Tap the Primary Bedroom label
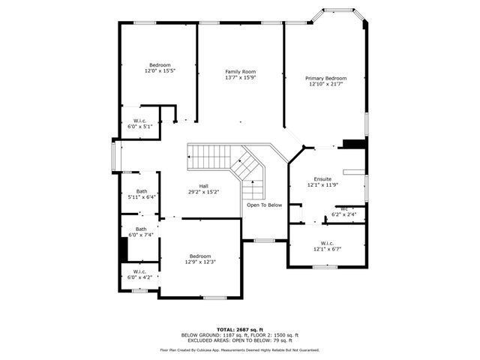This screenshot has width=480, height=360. [325, 78]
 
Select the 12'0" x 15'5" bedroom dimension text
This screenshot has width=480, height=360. [160, 70]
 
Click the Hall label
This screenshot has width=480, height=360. [203, 186]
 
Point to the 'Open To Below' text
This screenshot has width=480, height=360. [265, 205]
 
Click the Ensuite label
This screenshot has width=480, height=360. [322, 179]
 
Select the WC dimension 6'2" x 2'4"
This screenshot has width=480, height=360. [343, 214]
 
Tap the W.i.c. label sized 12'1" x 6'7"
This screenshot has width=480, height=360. [326, 243]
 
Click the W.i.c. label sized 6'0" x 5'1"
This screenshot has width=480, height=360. [139, 121]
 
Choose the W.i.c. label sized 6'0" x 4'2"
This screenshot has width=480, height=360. [139, 271]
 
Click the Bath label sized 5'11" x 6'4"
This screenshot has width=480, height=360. [141, 191]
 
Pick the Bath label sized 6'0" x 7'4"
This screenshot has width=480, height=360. [141, 229]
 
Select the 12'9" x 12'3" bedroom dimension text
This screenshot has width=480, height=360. [200, 262]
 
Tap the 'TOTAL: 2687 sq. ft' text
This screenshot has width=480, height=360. [239, 329]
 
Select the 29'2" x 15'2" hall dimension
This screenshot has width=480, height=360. [203, 191]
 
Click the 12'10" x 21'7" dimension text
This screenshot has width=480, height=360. [325, 83]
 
